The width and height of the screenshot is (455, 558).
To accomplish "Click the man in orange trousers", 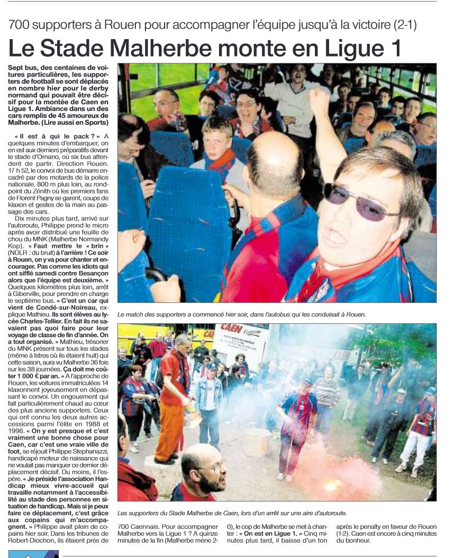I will click(x=172, y=402).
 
